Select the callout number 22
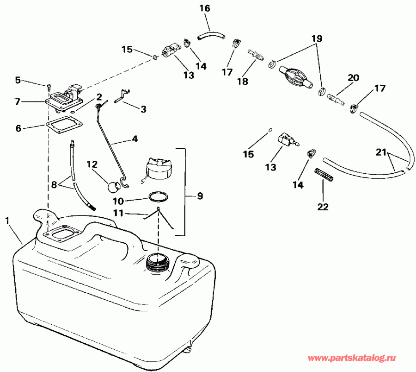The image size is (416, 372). tap(322, 207)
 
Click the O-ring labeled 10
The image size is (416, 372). tap(158, 197)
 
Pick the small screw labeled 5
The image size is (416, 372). tap(48, 86)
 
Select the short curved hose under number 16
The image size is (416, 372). tap(210, 34)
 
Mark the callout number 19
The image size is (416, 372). tap(316, 39)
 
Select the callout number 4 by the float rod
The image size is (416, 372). tap(135, 138)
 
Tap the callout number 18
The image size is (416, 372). tap(242, 81)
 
